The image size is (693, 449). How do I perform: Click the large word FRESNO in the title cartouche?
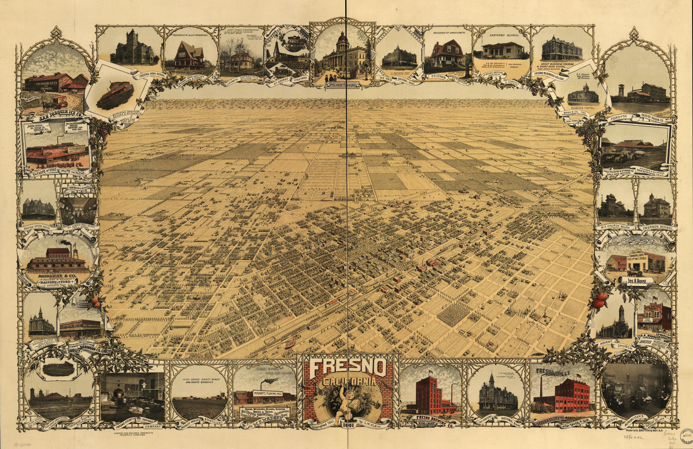pyautogui.click(x=347, y=368)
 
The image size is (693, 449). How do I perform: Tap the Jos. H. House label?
pyautogui.click(x=636, y=282)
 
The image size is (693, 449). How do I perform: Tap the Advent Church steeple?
pyautogui.click(x=621, y=312)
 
